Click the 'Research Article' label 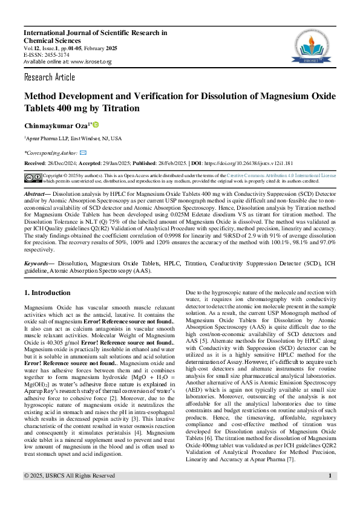point(50,77)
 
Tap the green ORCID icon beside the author point(95,124)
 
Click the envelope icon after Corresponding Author point(83,153)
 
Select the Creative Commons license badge point(33,177)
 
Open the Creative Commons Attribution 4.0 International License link point(281,175)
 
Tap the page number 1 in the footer point(330,493)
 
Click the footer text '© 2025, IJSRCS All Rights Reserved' point(69,493)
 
